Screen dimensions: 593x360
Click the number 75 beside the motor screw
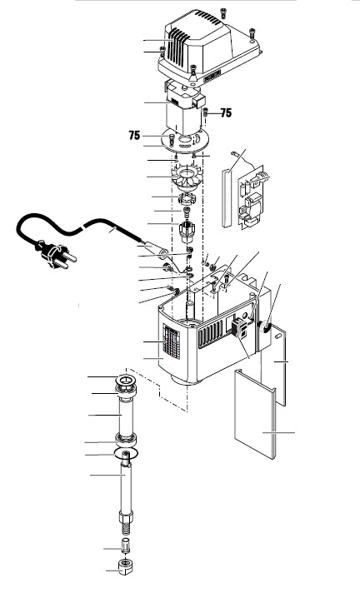(x=224, y=112)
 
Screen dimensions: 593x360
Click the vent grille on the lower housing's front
(x=171, y=341)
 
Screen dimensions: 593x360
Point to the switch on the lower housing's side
(x=241, y=328)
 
